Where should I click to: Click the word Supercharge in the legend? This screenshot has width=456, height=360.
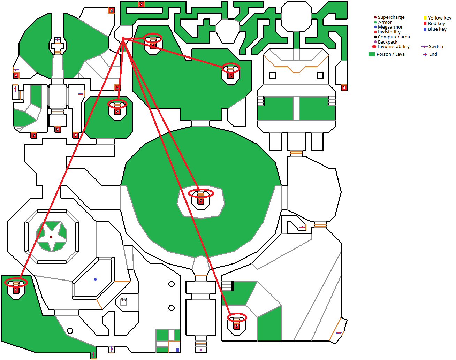coord(391,17)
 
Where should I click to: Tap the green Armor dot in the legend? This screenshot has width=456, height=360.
coord(375,22)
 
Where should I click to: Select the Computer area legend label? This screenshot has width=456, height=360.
coord(394,37)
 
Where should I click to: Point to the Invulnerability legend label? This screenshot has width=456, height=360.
coord(394,47)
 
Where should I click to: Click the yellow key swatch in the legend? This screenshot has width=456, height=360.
coord(425,18)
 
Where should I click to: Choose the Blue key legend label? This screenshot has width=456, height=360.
coord(437,29)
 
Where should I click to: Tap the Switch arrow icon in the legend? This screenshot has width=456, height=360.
coord(424,47)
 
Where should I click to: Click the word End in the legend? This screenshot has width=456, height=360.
coord(433,54)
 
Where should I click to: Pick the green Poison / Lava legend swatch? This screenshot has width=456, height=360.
coord(372,54)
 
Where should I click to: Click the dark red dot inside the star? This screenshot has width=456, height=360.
coord(51,237)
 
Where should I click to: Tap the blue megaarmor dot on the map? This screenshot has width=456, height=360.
coord(95,279)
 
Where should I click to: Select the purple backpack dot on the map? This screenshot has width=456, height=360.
coord(201,350)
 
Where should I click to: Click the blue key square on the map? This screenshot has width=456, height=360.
coord(177,350)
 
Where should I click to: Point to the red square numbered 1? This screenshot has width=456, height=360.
coord(344,87)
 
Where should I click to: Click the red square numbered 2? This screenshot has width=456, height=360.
coord(141,4)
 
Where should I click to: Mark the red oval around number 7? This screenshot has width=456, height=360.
coord(201,193)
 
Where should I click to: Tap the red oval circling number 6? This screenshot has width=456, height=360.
coord(237,317)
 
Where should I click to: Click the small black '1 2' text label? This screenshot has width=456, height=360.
coord(124,300)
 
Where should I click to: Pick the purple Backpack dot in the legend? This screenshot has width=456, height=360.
coord(375,42)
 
